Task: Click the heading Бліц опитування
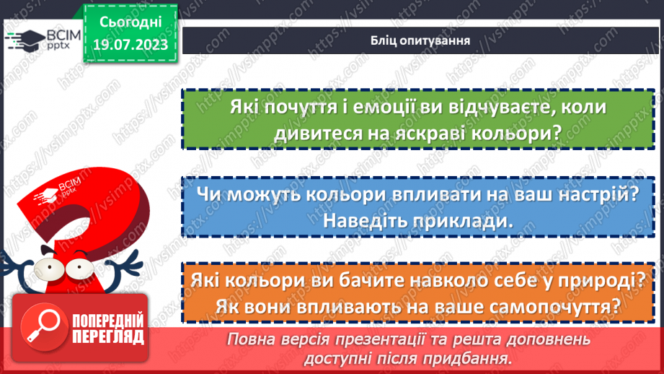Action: coord(416,40)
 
